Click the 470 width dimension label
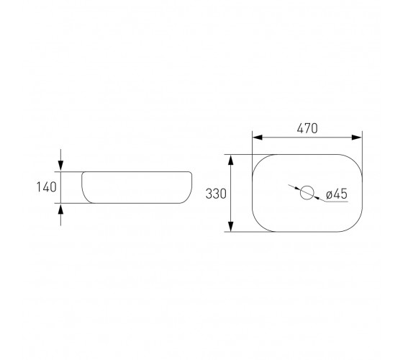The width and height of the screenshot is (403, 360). point(307,128)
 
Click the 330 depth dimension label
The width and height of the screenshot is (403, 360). point(216,194)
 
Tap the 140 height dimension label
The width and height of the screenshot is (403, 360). point(46,187)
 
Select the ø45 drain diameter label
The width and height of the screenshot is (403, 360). point(337,194)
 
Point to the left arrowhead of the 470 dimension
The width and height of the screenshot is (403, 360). point(258,138)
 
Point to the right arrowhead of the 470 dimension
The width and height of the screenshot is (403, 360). point(357,138)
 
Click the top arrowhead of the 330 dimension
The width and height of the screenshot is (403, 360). point(231,160)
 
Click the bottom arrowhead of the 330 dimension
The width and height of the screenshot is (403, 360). point(231,226)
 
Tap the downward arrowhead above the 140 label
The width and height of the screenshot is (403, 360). point(60,166)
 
